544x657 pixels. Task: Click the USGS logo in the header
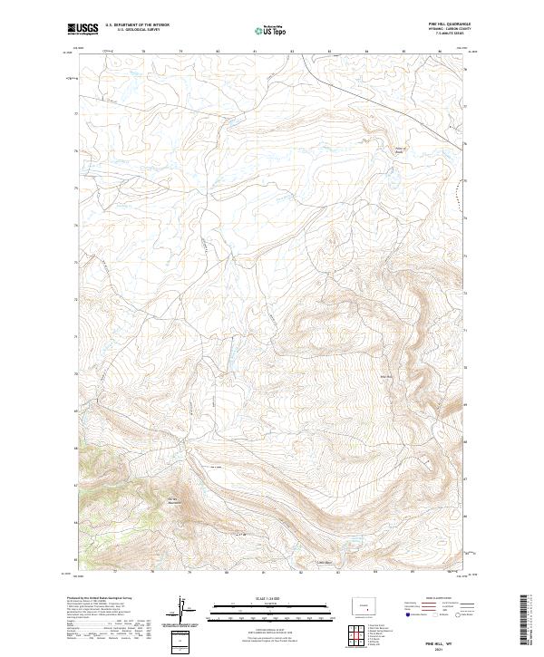(x=84, y=31)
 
